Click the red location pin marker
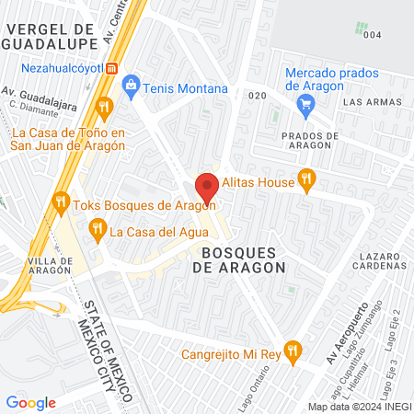click(207, 187)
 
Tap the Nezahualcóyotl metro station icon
click(112, 68)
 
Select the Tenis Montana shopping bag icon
click(131, 87)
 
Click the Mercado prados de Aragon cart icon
click(305, 104)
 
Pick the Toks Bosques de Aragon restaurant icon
click(61, 200)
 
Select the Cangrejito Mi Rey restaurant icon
click(293, 350)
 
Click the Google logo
click(30, 402)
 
